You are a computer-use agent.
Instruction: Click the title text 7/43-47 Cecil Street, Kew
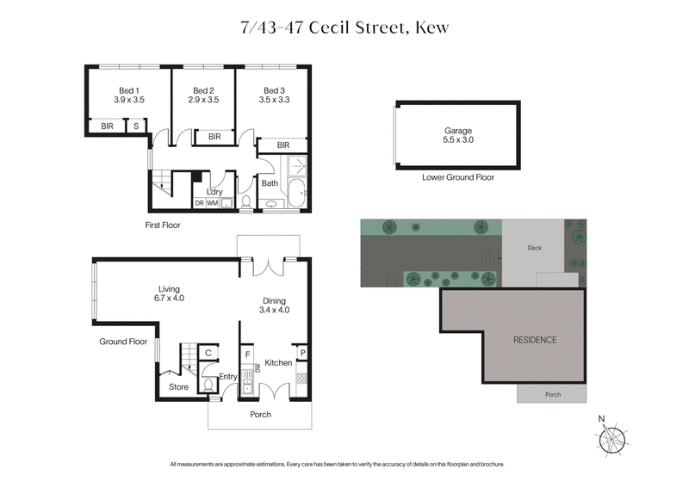(x=344, y=28)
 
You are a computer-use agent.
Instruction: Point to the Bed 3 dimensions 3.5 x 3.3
(x=274, y=101)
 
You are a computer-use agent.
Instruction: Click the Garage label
(x=457, y=131)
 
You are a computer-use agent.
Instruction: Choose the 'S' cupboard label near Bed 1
(x=136, y=126)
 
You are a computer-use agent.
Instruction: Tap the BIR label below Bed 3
(x=283, y=145)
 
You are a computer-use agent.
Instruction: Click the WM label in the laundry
(x=212, y=203)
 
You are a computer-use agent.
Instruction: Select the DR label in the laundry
(x=199, y=203)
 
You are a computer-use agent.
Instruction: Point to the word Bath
(x=270, y=183)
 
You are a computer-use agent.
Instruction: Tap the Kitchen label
(x=279, y=363)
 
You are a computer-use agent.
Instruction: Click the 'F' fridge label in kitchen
(x=248, y=353)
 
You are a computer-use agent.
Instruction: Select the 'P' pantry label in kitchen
(x=302, y=353)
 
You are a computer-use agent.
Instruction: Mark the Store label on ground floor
(x=178, y=386)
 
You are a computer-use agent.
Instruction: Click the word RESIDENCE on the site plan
(x=535, y=340)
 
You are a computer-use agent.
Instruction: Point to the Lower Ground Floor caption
(x=457, y=177)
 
